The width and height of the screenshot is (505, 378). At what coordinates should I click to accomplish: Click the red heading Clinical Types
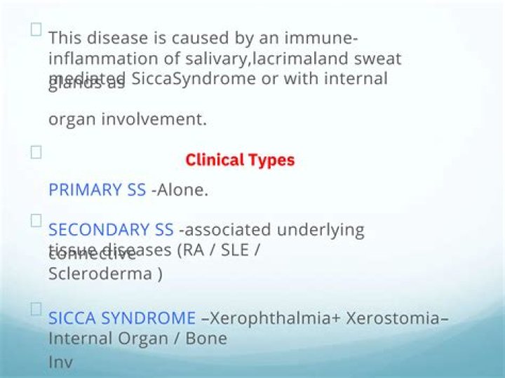point(240,160)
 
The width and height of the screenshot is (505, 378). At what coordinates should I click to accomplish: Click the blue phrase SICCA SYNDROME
point(122,318)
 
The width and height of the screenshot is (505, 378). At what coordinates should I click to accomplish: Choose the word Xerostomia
point(392,318)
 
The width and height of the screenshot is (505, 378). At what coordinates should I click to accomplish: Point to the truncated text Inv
point(60,363)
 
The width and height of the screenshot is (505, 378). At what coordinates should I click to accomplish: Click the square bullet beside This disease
point(36,29)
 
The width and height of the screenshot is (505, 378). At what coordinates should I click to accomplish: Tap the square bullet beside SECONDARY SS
point(36,220)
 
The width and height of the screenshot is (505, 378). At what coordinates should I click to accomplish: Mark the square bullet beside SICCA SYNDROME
point(36,308)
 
